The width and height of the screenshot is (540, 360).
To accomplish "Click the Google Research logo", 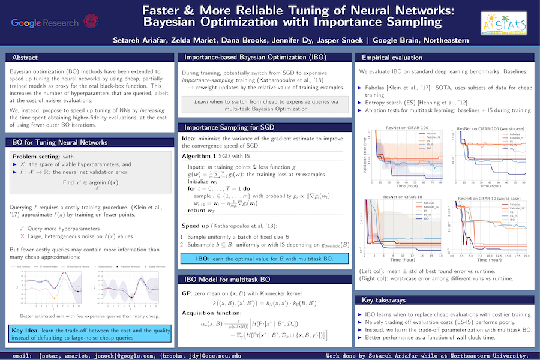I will coord(44,23).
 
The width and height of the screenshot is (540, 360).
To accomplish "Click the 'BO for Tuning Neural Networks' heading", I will coord(60,142).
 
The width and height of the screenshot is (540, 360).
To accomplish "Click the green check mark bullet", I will coord(22,228).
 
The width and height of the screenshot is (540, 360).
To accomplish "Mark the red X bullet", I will coord(22,237).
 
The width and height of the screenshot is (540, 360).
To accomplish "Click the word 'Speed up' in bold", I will coord(197,226).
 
